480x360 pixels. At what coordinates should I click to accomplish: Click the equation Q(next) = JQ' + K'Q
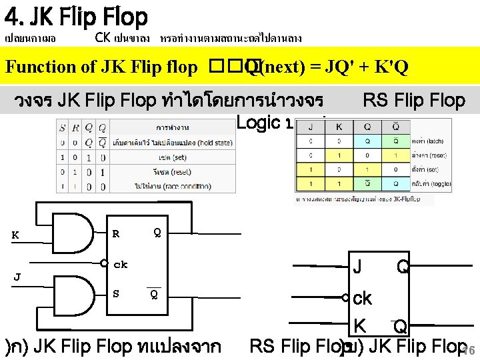pyautogui.click(x=327, y=67)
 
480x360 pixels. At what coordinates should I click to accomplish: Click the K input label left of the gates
pyautogui.click(x=15, y=235)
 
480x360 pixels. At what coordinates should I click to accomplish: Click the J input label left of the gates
pyautogui.click(x=17, y=276)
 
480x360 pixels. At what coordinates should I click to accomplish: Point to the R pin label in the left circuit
pyautogui.click(x=116, y=233)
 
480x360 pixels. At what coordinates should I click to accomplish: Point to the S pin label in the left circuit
pyautogui.click(x=116, y=293)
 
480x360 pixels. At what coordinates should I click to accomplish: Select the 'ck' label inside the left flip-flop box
pyautogui.click(x=121, y=264)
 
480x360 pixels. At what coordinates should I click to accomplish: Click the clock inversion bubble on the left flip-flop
pyautogui.click(x=104, y=263)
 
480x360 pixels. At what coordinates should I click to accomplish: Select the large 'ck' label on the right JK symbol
pyautogui.click(x=363, y=298)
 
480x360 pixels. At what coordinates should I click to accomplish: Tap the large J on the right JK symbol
pyautogui.click(x=357, y=267)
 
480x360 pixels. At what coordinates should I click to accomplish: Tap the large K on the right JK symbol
pyautogui.click(x=359, y=326)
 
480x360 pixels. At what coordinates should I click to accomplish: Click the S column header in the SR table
pyautogui.click(x=62, y=127)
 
